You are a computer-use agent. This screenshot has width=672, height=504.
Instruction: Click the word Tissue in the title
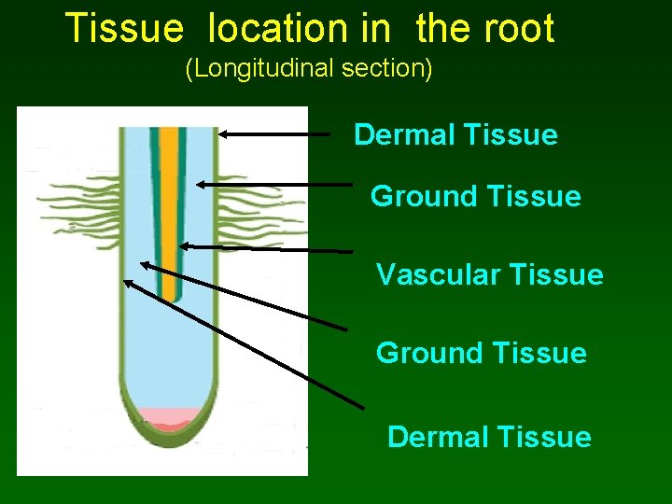click(124, 29)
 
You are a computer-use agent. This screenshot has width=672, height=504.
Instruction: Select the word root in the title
click(519, 29)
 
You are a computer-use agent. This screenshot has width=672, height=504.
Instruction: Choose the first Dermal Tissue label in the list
click(455, 135)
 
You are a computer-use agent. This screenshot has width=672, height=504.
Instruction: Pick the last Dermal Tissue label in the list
click(489, 437)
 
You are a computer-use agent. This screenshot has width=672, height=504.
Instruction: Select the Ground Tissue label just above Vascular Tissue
click(475, 197)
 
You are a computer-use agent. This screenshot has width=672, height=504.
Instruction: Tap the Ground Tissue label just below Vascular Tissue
click(481, 354)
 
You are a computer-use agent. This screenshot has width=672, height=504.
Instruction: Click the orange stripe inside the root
click(168, 205)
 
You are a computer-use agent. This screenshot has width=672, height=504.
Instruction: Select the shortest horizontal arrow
click(274, 134)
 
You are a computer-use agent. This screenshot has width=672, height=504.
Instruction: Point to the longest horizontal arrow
click(266, 247)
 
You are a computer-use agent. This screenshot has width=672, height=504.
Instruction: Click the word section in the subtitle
click(395, 69)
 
